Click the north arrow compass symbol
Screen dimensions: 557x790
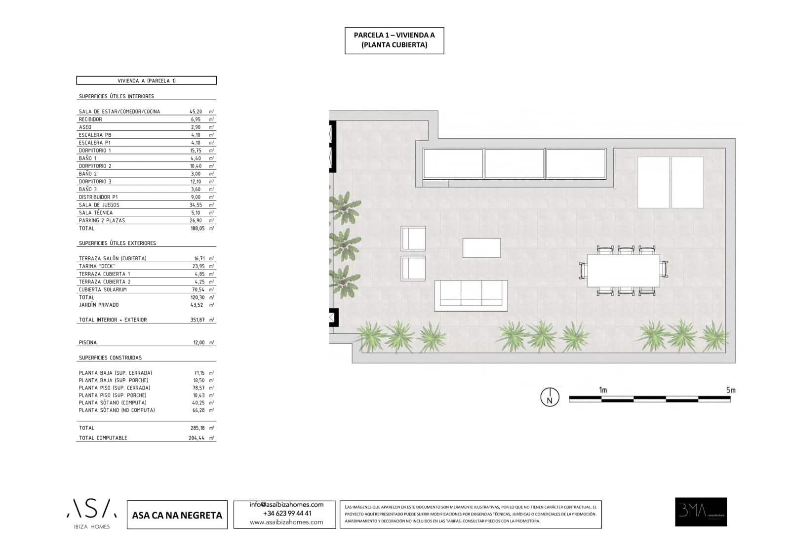(x=550, y=397)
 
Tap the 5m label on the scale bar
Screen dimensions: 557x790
(x=730, y=390)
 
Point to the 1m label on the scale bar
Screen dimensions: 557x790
(x=603, y=390)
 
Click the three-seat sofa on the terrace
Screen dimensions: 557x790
(x=471, y=295)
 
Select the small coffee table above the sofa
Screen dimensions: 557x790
(x=481, y=248)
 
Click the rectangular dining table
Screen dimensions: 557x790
(x=623, y=271)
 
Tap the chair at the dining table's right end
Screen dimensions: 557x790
(x=664, y=270)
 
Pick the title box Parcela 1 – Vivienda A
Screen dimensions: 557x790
(x=394, y=40)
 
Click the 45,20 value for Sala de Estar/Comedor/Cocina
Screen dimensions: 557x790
(x=196, y=112)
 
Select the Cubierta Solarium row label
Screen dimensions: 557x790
(x=103, y=289)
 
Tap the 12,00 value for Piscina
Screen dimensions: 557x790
(x=198, y=342)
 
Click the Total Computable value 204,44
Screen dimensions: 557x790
(x=197, y=438)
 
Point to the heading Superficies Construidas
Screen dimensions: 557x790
(x=110, y=358)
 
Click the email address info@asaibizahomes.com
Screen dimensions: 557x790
(x=286, y=505)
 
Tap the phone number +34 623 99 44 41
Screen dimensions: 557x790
(x=287, y=514)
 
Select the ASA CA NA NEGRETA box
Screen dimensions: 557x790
(x=177, y=515)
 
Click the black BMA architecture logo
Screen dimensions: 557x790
(x=701, y=512)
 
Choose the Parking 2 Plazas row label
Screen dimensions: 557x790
(x=102, y=220)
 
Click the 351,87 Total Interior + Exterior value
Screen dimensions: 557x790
(x=197, y=320)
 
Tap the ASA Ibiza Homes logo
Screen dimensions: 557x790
(x=92, y=513)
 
